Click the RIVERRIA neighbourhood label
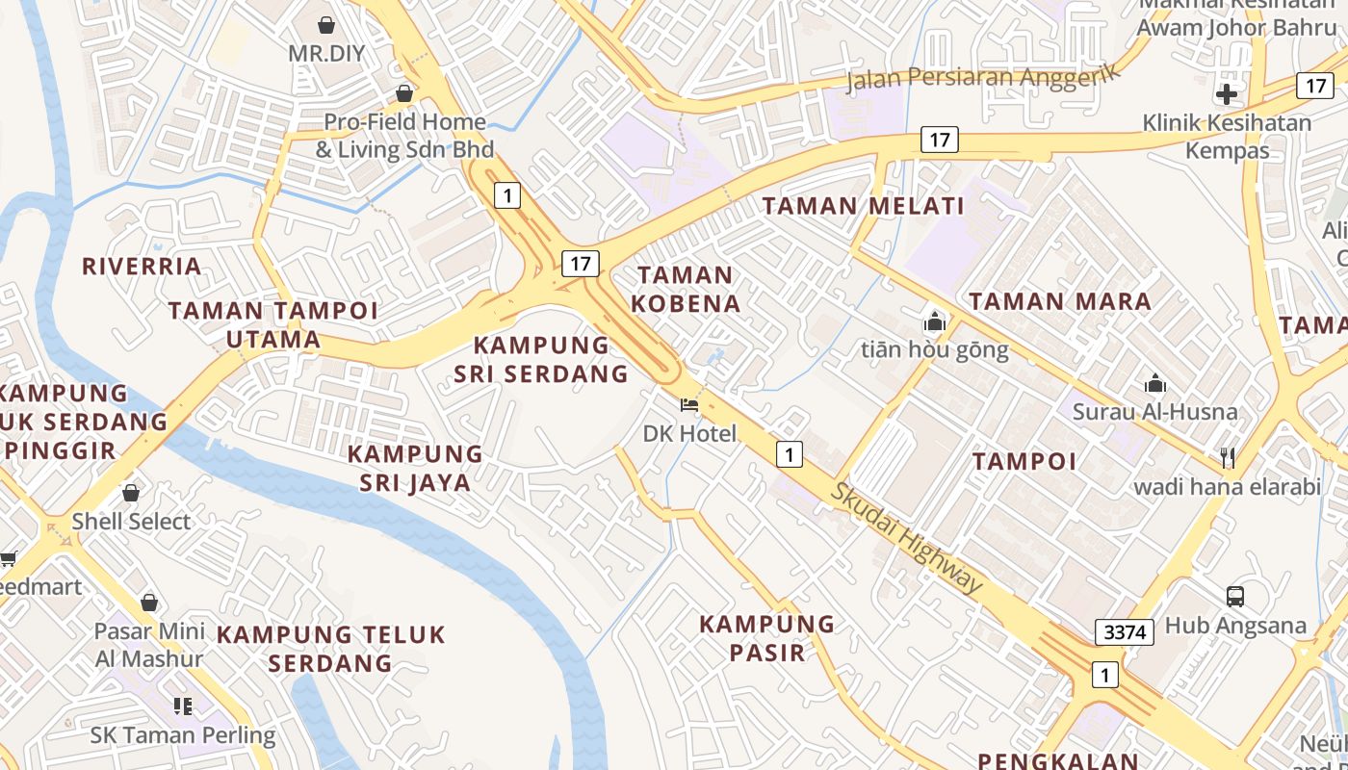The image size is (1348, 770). pyautogui.click(x=142, y=267)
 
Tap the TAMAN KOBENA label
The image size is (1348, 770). pyautogui.click(x=685, y=290)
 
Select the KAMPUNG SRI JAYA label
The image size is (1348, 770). pyautogui.click(x=415, y=468)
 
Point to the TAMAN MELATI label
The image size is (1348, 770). pyautogui.click(x=863, y=205)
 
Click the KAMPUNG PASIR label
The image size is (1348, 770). pyautogui.click(x=766, y=638)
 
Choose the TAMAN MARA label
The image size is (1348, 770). pyautogui.click(x=1059, y=301)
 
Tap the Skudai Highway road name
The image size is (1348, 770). pyautogui.click(x=907, y=536)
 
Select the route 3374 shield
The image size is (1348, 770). pyautogui.click(x=1125, y=632)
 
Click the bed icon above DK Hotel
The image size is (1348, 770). pyautogui.click(x=689, y=404)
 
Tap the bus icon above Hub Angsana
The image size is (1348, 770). pyautogui.click(x=1235, y=597)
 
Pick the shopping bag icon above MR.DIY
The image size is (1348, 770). pyautogui.click(x=326, y=24)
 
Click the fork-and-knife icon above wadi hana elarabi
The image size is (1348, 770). pyautogui.click(x=1227, y=457)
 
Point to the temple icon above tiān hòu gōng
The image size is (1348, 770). pyautogui.click(x=934, y=321)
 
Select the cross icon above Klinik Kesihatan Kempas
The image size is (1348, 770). pyautogui.click(x=1227, y=94)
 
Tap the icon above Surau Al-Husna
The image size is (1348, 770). pyautogui.click(x=1155, y=384)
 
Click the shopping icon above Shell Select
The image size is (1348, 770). pyautogui.click(x=131, y=493)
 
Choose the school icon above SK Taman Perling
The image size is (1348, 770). pyautogui.click(x=183, y=706)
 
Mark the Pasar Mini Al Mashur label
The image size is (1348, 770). pyautogui.click(x=149, y=645)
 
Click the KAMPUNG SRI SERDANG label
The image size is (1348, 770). pyautogui.click(x=541, y=359)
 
